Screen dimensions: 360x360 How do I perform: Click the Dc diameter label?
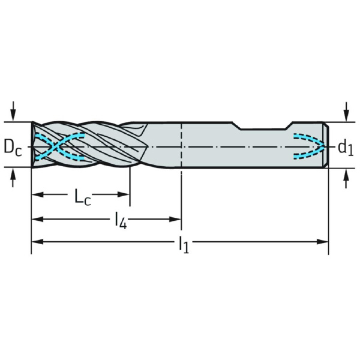pyautogui.click(x=13, y=148)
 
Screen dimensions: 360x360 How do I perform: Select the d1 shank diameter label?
pyautogui.click(x=346, y=148)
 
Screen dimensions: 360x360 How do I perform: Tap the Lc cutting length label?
pyautogui.click(x=83, y=197)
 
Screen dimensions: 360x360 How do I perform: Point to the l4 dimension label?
pyautogui.click(x=121, y=221)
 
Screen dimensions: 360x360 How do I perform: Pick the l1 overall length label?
pyautogui.click(x=184, y=245)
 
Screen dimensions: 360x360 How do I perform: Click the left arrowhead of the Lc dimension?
pyautogui.click(x=38, y=194)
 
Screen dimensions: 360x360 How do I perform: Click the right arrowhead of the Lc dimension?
pyautogui.click(x=124, y=194)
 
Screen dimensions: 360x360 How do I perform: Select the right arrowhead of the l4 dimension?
pyautogui.click(x=175, y=219)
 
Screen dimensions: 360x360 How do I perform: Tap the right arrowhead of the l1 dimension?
pyautogui.click(x=322, y=242)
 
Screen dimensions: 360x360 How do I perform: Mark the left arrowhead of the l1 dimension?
pyautogui.click(x=38, y=242)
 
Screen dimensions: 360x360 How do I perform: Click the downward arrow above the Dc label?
pyautogui.click(x=13, y=111)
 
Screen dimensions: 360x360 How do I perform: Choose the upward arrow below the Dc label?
pyautogui.click(x=13, y=178)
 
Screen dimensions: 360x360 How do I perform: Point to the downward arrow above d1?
pyautogui.click(x=346, y=112)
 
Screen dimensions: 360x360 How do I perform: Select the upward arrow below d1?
pyautogui.click(x=346, y=178)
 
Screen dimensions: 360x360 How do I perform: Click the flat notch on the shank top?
pyautogui.click(x=263, y=129)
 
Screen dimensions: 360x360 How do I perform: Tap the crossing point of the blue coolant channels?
pyautogui.click(x=55, y=146)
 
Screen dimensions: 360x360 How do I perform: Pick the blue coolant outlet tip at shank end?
pyautogui.click(x=323, y=146)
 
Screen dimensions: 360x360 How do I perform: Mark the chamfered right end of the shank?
pyautogui.click(x=326, y=145)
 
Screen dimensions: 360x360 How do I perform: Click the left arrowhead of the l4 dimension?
pyautogui.click(x=38, y=219)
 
